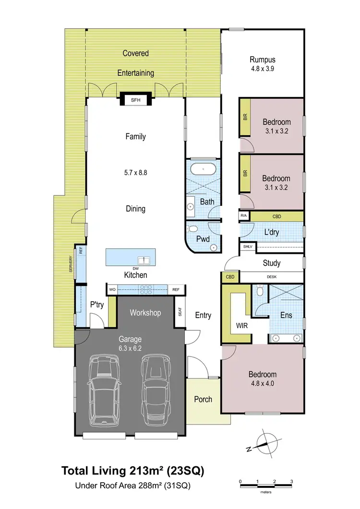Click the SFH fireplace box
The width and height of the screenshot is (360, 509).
pyautogui.click(x=136, y=100)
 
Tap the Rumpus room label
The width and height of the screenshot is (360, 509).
pyautogui.click(x=262, y=60)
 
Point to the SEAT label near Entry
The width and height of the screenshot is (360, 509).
pyautogui.click(x=180, y=312)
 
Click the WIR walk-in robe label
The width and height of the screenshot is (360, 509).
pyautogui.click(x=241, y=326)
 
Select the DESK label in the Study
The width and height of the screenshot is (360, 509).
pyautogui.click(x=272, y=277)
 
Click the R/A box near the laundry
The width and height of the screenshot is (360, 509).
pyautogui.click(x=244, y=216)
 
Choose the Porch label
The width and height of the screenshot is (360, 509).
pyautogui.click(x=203, y=399)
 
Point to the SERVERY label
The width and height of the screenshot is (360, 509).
pyautogui.click(x=71, y=264)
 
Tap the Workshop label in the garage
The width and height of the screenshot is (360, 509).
pyautogui.click(x=145, y=313)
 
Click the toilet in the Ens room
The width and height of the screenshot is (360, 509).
pyautogui.click(x=260, y=291)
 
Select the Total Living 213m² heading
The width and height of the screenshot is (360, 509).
pyautogui.click(x=132, y=471)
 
